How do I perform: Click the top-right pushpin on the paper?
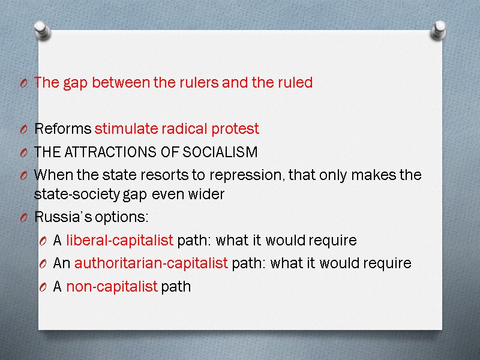439,28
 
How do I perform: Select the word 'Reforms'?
63,129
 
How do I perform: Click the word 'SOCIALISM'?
223,152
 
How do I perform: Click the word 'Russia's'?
59,217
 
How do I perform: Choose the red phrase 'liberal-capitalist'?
119,241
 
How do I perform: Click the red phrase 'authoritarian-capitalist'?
151,263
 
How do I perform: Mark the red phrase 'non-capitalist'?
112,287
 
